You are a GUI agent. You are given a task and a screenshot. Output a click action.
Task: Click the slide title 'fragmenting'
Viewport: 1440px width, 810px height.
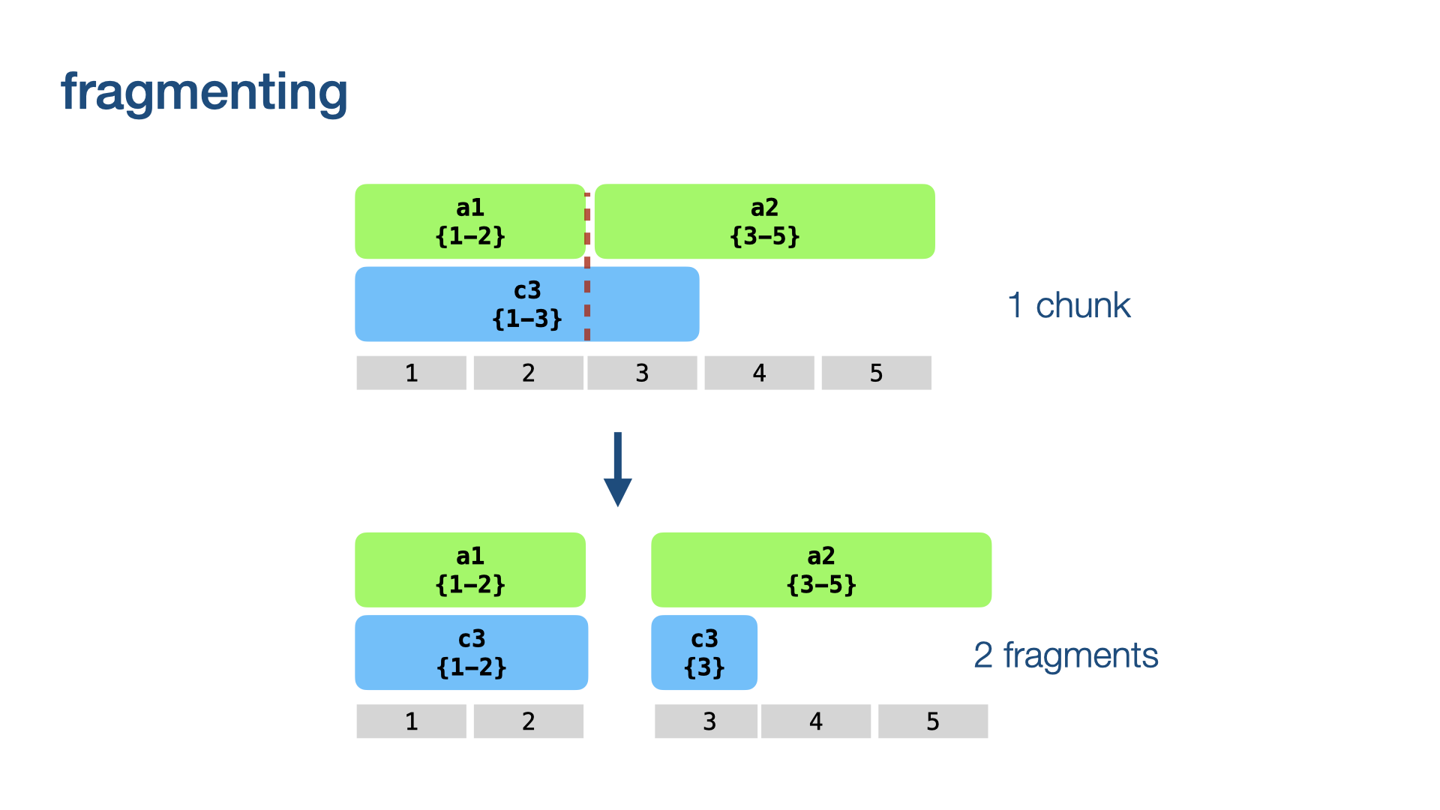(x=204, y=93)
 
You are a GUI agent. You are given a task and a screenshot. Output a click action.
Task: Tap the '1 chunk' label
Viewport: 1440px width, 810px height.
(x=1069, y=305)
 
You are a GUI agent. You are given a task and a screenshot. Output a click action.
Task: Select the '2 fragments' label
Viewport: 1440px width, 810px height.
(x=1066, y=655)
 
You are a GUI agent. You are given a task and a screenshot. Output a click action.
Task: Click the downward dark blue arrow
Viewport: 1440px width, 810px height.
(x=618, y=469)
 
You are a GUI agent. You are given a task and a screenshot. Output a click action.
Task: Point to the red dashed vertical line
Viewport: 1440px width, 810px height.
(x=587, y=267)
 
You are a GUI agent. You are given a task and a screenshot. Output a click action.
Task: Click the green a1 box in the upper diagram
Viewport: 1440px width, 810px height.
(x=470, y=221)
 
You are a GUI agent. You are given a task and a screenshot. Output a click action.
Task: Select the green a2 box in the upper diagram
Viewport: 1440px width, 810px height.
(x=765, y=221)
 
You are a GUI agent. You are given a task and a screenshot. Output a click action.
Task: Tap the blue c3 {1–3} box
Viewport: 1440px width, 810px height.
(x=527, y=304)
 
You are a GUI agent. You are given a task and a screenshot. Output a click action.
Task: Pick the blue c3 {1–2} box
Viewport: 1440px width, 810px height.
(x=472, y=652)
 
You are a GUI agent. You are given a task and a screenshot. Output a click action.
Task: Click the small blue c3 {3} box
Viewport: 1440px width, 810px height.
(x=704, y=652)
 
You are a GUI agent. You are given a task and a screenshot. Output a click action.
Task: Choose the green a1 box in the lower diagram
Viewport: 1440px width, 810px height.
(x=470, y=570)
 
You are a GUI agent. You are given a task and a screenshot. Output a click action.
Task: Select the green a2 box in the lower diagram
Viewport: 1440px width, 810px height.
(x=821, y=570)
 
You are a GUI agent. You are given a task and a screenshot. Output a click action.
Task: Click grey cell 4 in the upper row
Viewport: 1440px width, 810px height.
(x=760, y=373)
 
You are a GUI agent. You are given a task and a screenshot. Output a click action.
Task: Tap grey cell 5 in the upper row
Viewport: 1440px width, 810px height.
(x=877, y=373)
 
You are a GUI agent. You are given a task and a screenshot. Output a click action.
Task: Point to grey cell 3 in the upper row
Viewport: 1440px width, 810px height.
(x=643, y=373)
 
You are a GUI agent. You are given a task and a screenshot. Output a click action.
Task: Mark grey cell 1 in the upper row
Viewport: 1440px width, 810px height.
(x=412, y=373)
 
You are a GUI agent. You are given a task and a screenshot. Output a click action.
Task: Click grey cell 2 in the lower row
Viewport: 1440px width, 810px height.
(x=529, y=721)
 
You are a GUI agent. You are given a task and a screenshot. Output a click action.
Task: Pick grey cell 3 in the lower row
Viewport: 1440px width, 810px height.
(x=706, y=721)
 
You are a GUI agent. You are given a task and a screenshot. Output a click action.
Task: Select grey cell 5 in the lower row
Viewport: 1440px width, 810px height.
(x=933, y=721)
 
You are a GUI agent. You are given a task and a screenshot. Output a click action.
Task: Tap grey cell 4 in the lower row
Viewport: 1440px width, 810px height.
(x=816, y=721)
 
